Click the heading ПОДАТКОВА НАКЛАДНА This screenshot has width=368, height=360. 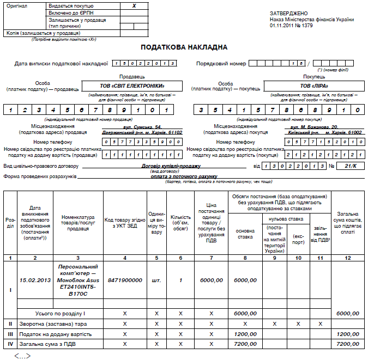[184, 47]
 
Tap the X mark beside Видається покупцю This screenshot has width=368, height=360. [134, 5]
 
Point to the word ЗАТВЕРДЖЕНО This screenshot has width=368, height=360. [288, 13]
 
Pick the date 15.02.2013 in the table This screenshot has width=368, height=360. [35, 280]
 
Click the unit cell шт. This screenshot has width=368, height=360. [156, 280]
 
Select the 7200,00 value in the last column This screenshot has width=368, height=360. [348, 344]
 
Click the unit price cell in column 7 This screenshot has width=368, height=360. [211, 280]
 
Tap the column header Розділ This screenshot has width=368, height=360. [10, 223]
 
